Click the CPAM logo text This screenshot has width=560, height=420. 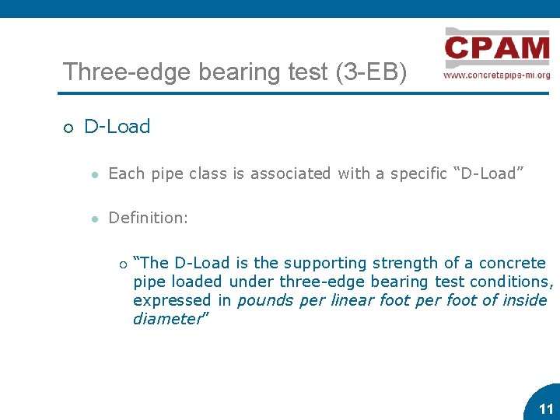tap(497, 49)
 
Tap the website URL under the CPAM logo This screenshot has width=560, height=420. tap(497, 75)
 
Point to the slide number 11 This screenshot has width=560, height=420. tap(546, 409)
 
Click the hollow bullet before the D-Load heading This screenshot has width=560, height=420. tap(68, 128)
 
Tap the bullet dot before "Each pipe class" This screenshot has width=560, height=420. tap(93, 174)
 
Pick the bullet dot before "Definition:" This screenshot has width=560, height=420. tap(93, 219)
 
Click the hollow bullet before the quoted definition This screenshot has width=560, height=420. tap(122, 264)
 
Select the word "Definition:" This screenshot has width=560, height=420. tap(148, 219)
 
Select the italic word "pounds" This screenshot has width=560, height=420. tap(261, 300)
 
